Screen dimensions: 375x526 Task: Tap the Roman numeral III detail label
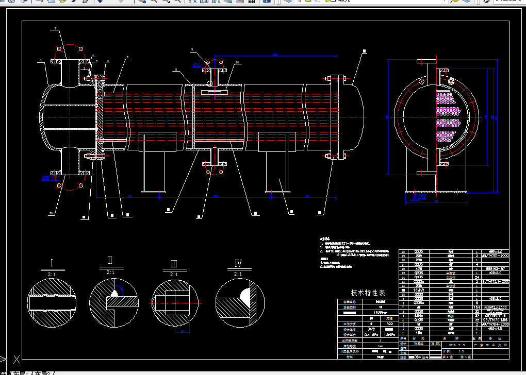pos(174,264)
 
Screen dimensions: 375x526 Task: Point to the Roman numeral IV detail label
pos(238,263)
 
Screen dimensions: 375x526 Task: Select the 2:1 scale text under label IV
pos(238,274)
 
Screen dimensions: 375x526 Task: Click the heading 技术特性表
pos(368,292)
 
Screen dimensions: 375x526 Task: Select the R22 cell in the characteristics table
pos(390,324)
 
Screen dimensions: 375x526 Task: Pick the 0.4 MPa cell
pos(371,335)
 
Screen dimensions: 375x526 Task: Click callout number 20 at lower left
pos(51,213)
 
